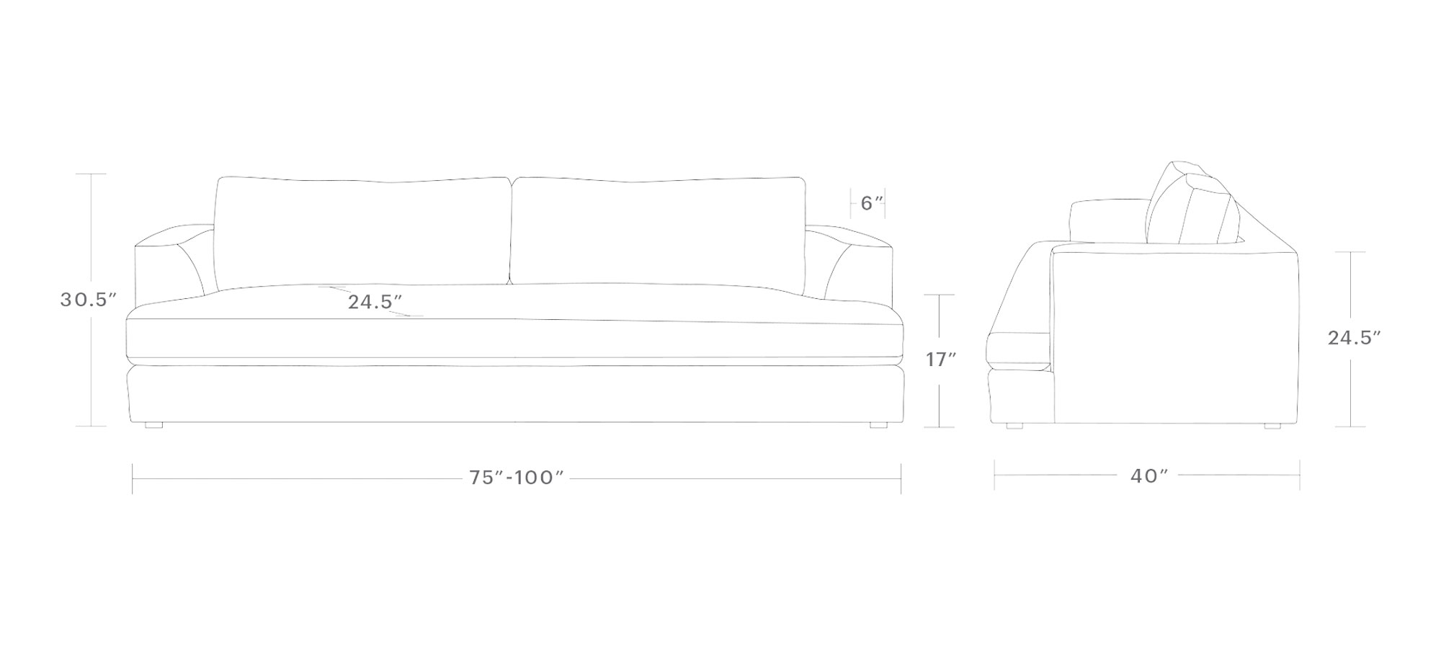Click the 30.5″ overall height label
coord(88,300)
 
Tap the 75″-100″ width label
coord(516,478)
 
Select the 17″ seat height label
coord(941,359)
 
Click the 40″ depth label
coord(1148,476)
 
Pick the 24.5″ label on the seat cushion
coord(375,302)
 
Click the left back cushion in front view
coord(362,231)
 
